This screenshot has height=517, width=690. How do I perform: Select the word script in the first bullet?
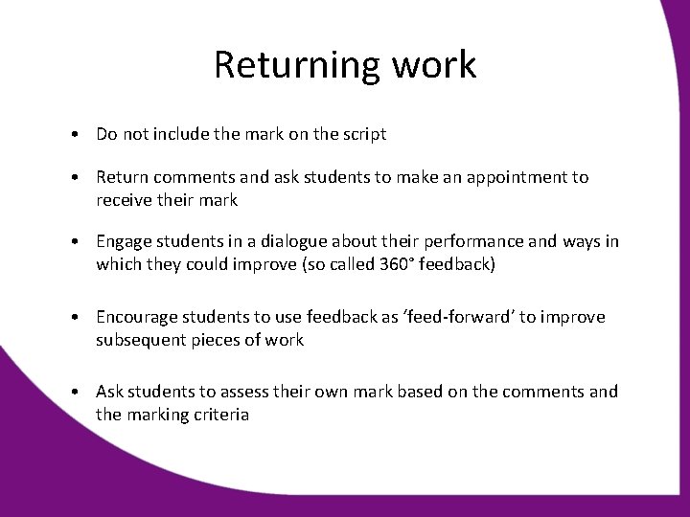[x=363, y=134]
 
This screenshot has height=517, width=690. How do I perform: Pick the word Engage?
[x=122, y=242]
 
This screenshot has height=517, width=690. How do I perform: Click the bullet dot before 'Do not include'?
[x=75, y=134]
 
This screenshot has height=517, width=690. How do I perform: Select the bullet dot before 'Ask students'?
[x=75, y=392]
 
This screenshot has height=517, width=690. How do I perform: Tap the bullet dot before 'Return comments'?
[x=75, y=178]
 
